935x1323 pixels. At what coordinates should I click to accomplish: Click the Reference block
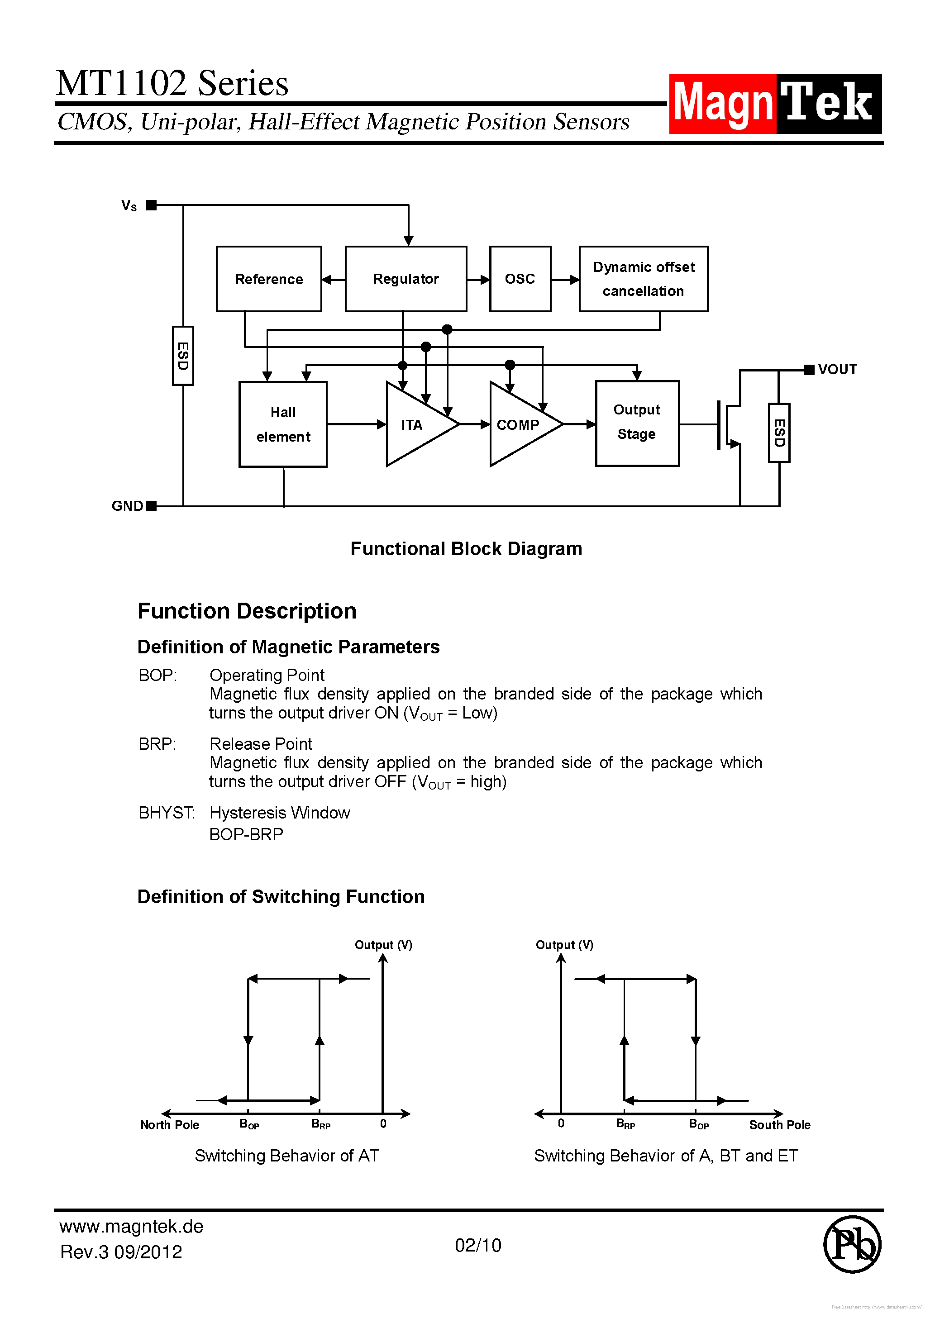269,279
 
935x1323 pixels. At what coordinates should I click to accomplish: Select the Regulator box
406,279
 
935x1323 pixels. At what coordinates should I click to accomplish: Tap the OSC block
520,279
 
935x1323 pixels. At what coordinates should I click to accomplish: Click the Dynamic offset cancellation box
643,279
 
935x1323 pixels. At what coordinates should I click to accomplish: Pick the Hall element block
283,424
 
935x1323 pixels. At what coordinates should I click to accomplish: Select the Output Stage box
637,423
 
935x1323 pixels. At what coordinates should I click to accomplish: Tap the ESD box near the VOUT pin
779,432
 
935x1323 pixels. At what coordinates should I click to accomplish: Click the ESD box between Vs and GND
183,356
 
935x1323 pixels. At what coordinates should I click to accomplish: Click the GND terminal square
152,506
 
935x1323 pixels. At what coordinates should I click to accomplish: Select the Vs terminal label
129,206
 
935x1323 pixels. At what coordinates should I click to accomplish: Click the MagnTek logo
775,104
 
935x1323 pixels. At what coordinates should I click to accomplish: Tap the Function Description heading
247,611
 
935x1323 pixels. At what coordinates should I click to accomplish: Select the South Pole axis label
779,1124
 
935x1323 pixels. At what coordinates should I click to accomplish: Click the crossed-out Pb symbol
851,1245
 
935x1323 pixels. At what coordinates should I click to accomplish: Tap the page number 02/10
478,1245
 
